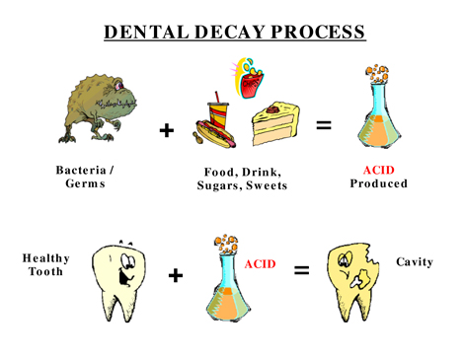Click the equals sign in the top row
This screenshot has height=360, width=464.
(324, 125)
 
